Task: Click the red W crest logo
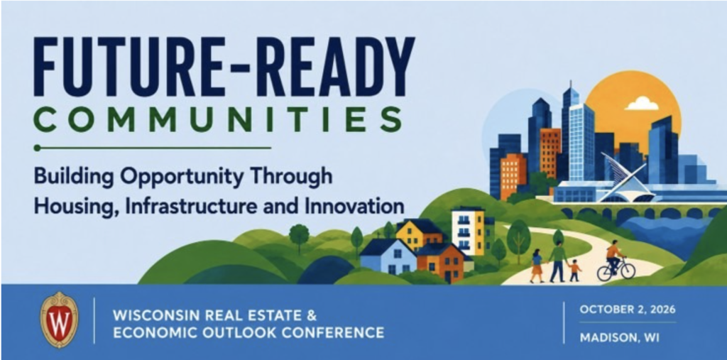(x=59, y=320)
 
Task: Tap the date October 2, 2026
(x=627, y=310)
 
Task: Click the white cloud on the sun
(x=641, y=104)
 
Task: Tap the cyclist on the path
(x=614, y=256)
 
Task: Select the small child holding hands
(x=575, y=270)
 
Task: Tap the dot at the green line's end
(x=37, y=148)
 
